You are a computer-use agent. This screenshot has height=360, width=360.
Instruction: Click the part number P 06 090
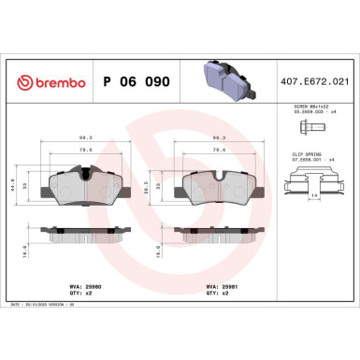(x=137, y=82)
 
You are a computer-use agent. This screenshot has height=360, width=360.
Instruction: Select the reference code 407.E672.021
(x=315, y=82)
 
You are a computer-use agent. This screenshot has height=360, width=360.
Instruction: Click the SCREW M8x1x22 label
(x=308, y=108)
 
